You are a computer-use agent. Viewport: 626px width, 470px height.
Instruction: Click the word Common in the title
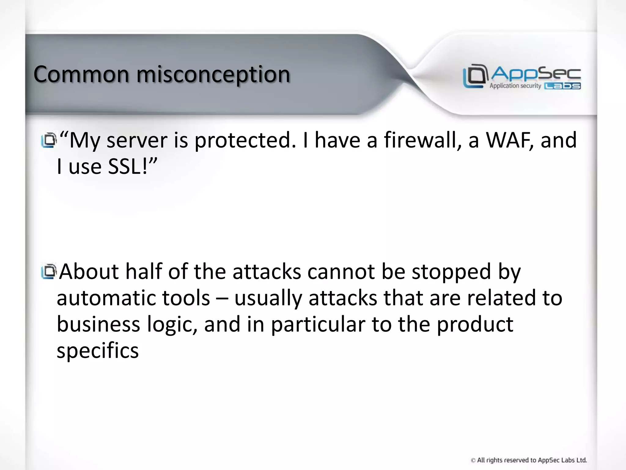(x=81, y=74)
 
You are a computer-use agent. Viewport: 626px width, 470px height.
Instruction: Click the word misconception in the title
(x=213, y=75)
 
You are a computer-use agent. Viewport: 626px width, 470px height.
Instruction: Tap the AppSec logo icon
(x=474, y=76)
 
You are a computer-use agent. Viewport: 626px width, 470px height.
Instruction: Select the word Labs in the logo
(x=562, y=86)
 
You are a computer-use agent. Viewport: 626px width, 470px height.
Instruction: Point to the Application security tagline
(x=515, y=86)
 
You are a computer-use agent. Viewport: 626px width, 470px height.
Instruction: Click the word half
(x=143, y=271)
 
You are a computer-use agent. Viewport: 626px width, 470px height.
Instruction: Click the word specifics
(x=98, y=351)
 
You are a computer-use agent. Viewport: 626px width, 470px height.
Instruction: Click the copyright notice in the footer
(x=528, y=460)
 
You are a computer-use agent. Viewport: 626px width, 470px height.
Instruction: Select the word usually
(x=268, y=298)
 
